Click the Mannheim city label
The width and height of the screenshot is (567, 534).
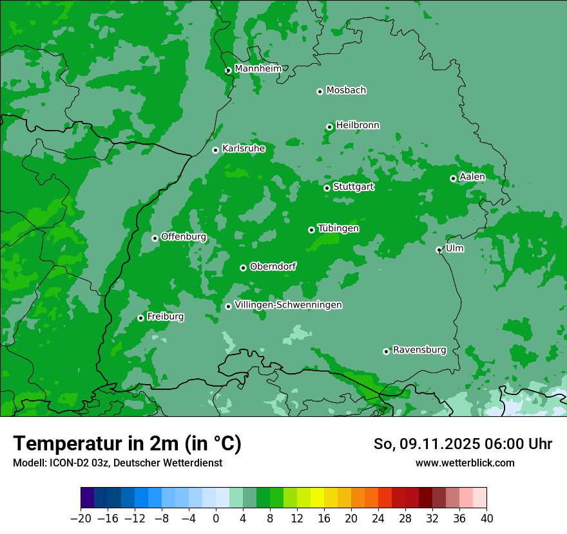pos(258,69)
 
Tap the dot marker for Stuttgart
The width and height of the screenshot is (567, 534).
pos(327,188)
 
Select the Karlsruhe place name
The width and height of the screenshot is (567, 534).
pos(243,149)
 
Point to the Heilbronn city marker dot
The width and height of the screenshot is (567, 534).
pos(329,127)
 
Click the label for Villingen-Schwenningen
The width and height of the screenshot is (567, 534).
pos(288,305)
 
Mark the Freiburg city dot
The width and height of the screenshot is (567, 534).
pos(140,318)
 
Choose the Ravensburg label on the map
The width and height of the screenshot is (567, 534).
pos(419,350)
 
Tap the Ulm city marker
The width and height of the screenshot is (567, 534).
pos(439,250)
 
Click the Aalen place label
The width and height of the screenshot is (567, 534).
pos(472,177)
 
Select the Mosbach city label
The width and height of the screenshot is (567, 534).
pos(346,91)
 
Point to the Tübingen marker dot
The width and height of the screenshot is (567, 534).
pos(311,230)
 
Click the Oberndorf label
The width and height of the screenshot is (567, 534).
pos(273,266)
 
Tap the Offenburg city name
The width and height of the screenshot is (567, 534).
pos(184,237)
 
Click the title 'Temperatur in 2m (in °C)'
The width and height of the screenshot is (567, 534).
pos(127,444)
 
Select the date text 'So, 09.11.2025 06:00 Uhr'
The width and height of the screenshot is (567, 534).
pos(463,444)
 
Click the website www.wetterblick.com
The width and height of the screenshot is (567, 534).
pos(465,463)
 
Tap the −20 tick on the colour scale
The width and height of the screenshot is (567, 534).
pos(81,519)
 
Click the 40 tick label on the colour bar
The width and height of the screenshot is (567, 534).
pos(486,519)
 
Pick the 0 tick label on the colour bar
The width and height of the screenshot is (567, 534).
pos(216,519)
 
